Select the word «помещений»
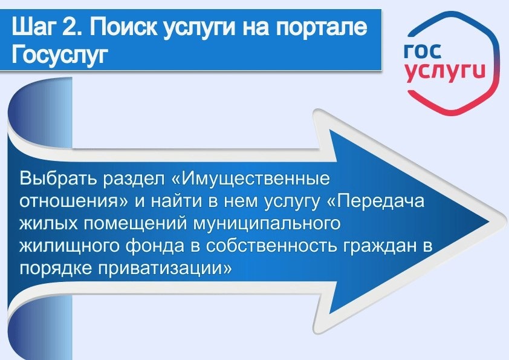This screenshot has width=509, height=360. (140, 224)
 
